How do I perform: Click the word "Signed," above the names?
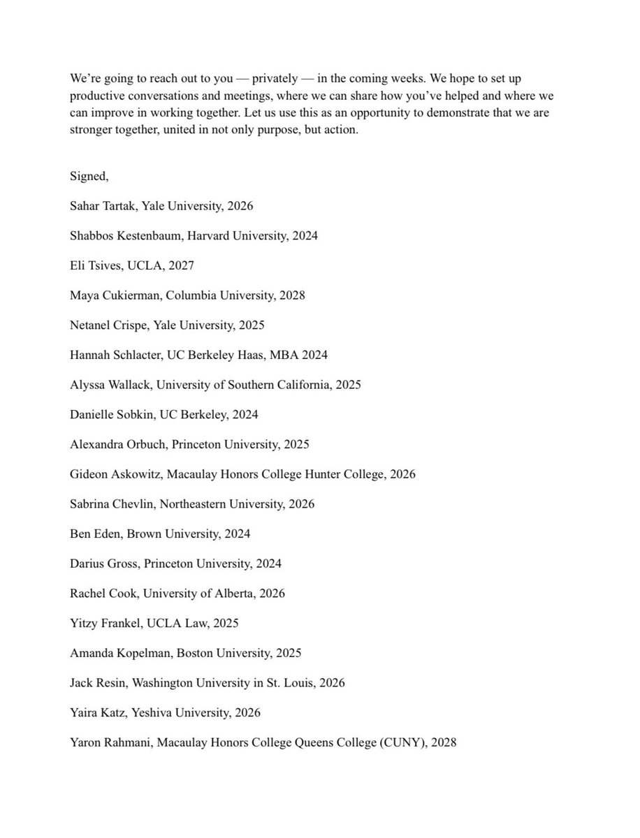coord(89,176)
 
